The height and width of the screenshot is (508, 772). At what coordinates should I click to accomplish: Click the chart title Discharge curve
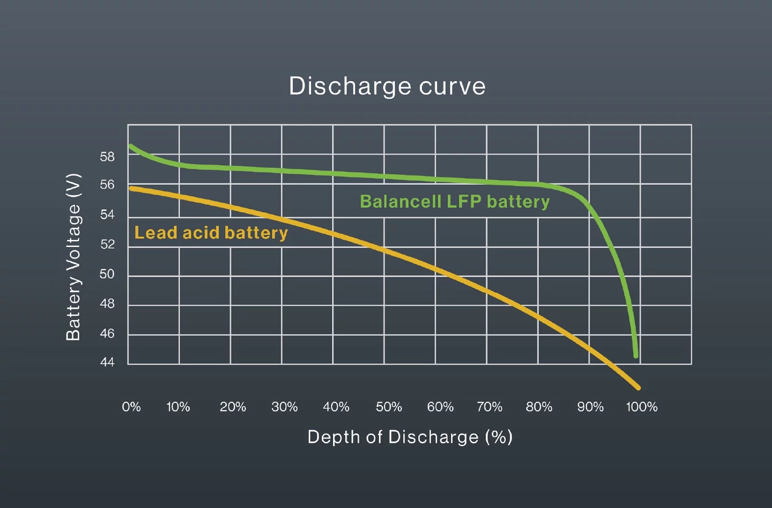pos(387,86)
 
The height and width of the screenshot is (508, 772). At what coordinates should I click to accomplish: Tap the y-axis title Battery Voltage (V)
pos(73,257)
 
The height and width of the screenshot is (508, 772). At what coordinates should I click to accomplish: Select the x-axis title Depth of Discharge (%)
pos(410,437)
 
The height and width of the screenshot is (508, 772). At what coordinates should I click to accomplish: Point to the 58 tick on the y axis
pos(107,157)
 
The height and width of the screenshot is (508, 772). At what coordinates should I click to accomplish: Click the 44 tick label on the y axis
pos(107,362)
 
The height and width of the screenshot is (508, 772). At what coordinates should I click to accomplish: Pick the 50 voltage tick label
pos(107,274)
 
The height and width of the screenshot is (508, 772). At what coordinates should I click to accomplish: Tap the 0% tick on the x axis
pos(131,407)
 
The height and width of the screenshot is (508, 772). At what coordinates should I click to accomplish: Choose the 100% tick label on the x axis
pos(642,407)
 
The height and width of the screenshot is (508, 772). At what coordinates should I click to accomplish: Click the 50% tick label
pos(389,407)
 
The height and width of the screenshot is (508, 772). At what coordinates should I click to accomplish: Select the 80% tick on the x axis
pos(539,407)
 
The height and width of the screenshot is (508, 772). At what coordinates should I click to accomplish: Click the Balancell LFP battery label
pos(454,202)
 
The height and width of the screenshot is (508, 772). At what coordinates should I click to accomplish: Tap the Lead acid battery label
pos(211,233)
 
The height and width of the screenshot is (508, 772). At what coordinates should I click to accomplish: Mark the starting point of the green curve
pos(131,147)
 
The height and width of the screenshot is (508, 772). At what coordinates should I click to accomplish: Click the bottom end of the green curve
pos(636,355)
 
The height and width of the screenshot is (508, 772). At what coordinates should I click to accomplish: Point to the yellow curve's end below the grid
pos(638,387)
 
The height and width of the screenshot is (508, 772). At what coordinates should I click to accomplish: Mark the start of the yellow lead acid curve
pos(131,188)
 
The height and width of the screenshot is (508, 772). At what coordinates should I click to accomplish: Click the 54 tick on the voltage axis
pos(107,214)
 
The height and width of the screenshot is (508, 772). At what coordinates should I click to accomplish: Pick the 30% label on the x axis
pos(284,407)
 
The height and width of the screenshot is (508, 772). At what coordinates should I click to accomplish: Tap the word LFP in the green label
pos(464,202)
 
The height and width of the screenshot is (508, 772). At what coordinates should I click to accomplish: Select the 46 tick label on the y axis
pos(107,334)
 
